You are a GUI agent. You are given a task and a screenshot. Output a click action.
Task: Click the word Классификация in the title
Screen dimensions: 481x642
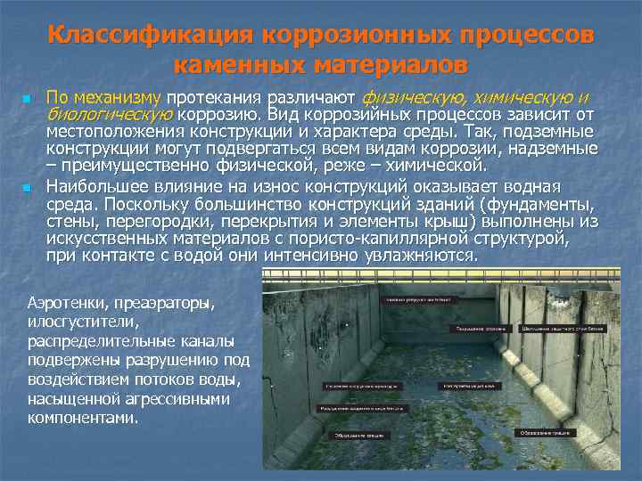[152, 36]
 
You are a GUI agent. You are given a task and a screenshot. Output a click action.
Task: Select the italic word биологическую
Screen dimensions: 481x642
[109, 114]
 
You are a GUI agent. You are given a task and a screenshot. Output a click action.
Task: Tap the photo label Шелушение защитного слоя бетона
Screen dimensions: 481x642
[564, 328]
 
